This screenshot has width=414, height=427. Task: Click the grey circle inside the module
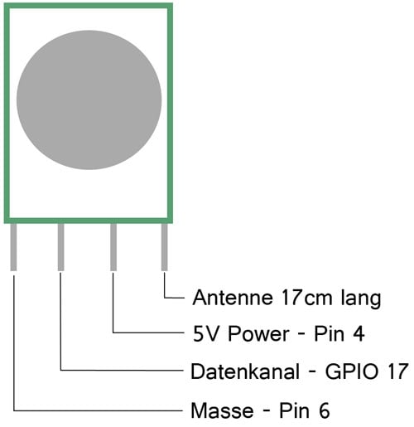(x=89, y=99)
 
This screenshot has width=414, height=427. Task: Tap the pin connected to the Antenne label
(x=164, y=247)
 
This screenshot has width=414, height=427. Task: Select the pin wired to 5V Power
(x=113, y=247)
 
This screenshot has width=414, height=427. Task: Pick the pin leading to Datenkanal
(x=60, y=247)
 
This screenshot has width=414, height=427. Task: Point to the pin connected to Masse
(x=13, y=247)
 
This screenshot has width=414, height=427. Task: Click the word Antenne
(x=233, y=298)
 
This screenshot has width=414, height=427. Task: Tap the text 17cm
(x=306, y=298)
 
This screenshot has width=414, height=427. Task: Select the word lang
(x=361, y=299)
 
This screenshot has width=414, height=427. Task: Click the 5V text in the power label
(x=205, y=334)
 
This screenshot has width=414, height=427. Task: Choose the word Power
(x=258, y=334)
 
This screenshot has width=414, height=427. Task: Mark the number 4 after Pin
(x=359, y=334)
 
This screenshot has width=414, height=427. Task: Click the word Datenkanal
(x=245, y=371)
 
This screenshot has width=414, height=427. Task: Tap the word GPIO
(x=352, y=371)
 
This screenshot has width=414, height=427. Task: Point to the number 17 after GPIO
(x=398, y=371)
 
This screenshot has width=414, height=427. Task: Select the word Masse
(x=222, y=410)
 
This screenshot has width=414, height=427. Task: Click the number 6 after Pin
(x=325, y=410)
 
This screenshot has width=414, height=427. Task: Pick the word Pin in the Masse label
(x=294, y=410)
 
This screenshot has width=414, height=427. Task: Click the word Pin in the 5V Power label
(x=329, y=334)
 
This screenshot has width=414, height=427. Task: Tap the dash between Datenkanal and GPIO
(x=312, y=371)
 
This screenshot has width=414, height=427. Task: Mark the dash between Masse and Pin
(x=266, y=410)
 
